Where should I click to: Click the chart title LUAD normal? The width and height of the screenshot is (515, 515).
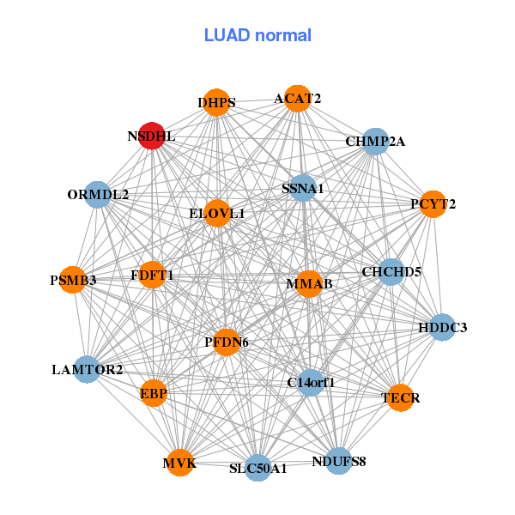257,35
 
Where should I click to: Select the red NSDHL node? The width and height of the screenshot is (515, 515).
152,136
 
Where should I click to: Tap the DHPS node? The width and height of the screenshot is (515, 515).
216,102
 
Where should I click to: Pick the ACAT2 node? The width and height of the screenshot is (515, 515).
297,98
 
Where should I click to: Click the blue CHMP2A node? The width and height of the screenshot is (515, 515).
375,141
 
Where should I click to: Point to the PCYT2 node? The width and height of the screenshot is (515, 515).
433,203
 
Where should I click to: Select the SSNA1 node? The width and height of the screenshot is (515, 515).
303,188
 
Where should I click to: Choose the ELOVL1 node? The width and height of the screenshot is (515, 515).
217,212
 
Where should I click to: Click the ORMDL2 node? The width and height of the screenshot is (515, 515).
98,195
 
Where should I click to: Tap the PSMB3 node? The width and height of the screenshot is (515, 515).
73,280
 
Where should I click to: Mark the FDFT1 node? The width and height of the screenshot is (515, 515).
152,275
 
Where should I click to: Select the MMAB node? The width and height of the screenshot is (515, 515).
309,283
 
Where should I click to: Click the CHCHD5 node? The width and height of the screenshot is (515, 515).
391,272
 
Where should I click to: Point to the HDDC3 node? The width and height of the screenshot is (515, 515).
442,327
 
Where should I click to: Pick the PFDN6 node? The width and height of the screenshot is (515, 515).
226,342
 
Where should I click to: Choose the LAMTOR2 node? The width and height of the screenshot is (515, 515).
88,370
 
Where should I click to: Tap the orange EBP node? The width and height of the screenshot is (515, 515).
154,393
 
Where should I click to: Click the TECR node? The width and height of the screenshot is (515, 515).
400,397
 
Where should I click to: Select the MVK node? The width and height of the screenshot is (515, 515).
180,463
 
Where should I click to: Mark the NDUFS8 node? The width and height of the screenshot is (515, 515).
339,461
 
